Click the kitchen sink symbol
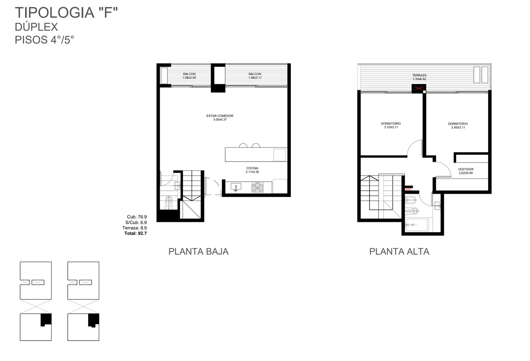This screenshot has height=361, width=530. [236, 187]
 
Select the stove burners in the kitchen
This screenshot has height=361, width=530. [257, 187]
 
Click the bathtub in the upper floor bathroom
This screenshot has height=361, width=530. [416, 225]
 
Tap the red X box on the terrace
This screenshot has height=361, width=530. [419, 89]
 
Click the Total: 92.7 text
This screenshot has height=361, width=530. [136, 233]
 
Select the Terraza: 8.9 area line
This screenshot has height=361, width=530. [134, 228]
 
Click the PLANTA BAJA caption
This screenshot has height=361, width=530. [198, 251]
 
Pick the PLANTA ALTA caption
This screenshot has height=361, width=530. [399, 251]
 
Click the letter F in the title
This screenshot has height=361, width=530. [108, 13]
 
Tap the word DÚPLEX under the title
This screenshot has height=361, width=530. [36, 27]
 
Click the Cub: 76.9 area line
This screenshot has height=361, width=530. [137, 217]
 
